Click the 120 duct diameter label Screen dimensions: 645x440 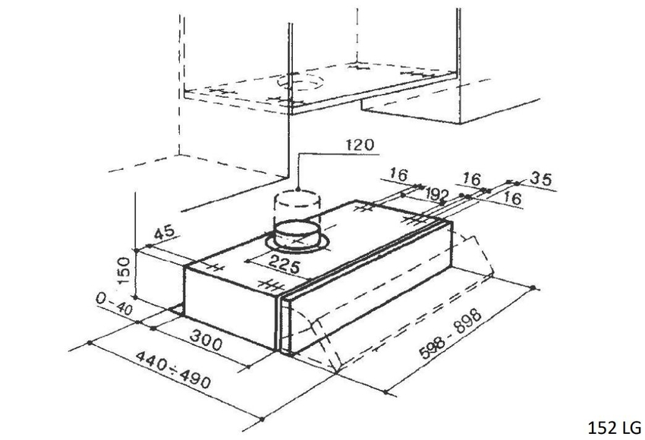click(360, 145)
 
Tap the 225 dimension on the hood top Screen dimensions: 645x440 click(284, 265)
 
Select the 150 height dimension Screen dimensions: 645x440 click(124, 270)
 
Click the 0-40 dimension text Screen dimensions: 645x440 click(115, 303)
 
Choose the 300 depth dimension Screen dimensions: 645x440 click(206, 339)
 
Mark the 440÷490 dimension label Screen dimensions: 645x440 click(173, 369)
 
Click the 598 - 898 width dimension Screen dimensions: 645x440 click(450, 334)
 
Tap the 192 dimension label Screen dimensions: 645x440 click(437, 193)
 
